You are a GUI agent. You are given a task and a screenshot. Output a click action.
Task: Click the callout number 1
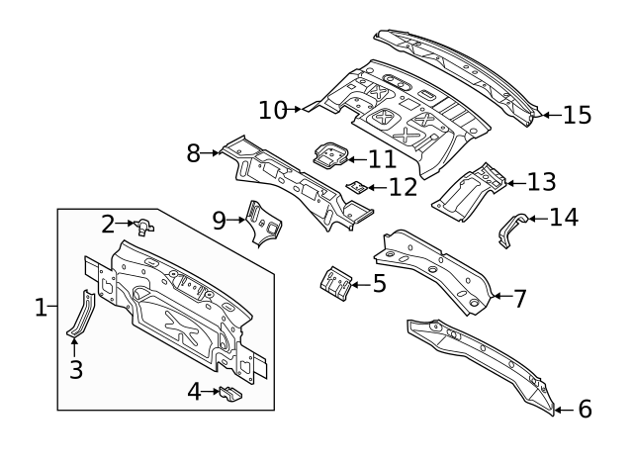(41, 308)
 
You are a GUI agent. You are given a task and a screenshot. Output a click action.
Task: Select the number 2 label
(108, 225)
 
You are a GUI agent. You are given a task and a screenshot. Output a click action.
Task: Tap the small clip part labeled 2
(144, 228)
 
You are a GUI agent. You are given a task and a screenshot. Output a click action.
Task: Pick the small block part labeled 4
(229, 394)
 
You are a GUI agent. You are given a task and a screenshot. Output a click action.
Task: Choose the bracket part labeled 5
(335, 282)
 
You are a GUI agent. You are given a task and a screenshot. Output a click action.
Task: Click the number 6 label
(585, 408)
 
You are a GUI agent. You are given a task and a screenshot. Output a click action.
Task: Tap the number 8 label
(195, 152)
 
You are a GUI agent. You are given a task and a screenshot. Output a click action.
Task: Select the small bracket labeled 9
(262, 224)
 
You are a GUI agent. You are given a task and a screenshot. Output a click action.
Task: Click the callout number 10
(272, 109)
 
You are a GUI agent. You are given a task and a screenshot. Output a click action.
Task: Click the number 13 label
(541, 181)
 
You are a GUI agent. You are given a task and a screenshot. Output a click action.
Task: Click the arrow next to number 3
(74, 345)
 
